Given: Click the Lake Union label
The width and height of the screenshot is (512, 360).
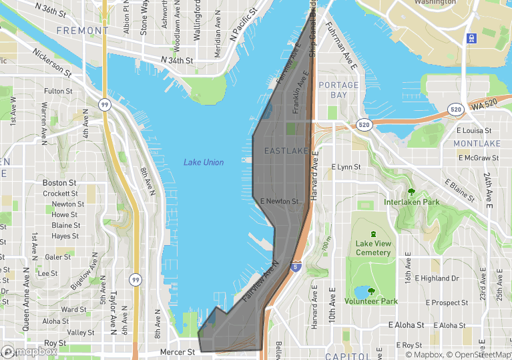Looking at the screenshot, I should point(204,162).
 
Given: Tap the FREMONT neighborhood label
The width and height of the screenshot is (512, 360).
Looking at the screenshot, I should point(82,31).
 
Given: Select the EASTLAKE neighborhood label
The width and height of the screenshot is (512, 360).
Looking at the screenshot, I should point(286,151).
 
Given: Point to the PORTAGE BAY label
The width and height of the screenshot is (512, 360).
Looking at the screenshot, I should point(338,90).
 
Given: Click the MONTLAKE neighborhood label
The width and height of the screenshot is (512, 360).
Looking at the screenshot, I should point(477,144).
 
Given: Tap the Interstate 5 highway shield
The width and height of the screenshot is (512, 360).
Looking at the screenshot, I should point(294,266).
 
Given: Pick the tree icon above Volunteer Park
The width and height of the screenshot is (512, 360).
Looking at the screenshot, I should point(372,291).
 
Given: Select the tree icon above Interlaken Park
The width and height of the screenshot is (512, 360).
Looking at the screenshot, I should point(411,192).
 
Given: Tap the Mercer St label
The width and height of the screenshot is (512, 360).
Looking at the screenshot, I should point(177,352).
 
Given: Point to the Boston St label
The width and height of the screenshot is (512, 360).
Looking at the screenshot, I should point(55,182).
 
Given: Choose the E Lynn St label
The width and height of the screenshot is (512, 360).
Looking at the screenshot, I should point(345,167).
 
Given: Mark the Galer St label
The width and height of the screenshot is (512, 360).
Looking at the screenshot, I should point(58,256).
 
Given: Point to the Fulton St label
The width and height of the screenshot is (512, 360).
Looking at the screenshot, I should point(58,91).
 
